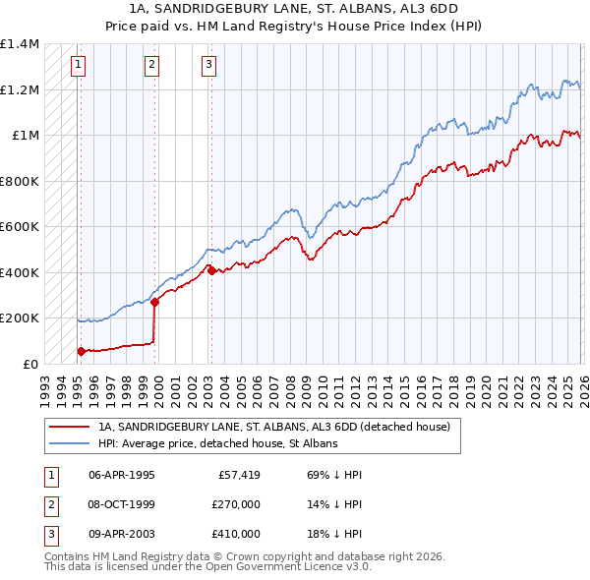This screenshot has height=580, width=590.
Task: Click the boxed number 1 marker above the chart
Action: [x=79, y=66]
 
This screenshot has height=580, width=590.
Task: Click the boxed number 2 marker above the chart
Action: [x=152, y=66]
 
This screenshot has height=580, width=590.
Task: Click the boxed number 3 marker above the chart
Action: [x=209, y=66]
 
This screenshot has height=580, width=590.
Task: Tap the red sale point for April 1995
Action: [x=81, y=351]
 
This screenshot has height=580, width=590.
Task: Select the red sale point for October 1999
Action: [x=155, y=303]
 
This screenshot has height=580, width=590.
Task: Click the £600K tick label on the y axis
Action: [x=20, y=227]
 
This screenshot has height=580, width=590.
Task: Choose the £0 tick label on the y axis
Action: [x=29, y=364]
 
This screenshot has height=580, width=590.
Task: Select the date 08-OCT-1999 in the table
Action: [x=121, y=504]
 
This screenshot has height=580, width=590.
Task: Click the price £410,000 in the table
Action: [x=235, y=534]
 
